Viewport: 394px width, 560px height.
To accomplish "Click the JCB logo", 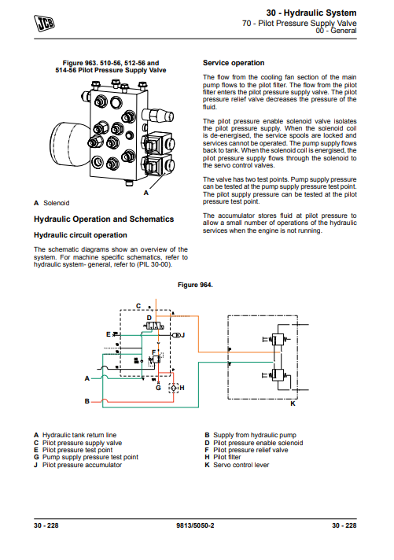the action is click(x=44, y=24).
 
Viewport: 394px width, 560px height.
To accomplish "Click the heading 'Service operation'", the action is click(x=234, y=63).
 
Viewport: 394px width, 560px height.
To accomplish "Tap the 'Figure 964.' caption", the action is click(x=195, y=285).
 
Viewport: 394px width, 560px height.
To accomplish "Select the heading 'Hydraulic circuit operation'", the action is click(x=80, y=235).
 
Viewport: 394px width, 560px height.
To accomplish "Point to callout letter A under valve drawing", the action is click(x=145, y=193).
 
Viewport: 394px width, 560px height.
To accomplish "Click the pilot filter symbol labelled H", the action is click(x=174, y=388).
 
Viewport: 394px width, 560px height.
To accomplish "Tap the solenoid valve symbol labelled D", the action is click(x=154, y=326).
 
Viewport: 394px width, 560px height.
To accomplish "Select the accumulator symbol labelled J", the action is click(x=176, y=335).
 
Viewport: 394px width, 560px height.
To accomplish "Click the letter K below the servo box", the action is click(x=293, y=403).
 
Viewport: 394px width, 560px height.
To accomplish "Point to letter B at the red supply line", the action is click(x=87, y=401).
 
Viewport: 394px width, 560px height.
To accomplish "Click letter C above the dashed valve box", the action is click(x=138, y=306).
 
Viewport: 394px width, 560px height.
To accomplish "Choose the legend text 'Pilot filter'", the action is click(x=226, y=457).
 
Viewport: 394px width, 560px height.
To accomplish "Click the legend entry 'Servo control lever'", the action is click(x=241, y=465).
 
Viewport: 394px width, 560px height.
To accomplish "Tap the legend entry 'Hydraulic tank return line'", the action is click(x=79, y=435).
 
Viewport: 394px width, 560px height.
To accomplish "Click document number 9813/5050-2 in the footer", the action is click(x=195, y=525).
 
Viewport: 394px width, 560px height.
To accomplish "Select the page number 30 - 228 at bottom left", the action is click(x=46, y=525).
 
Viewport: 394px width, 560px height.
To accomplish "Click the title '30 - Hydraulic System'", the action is click(x=311, y=13).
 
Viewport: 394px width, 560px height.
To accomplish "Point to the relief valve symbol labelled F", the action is click(x=156, y=359).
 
